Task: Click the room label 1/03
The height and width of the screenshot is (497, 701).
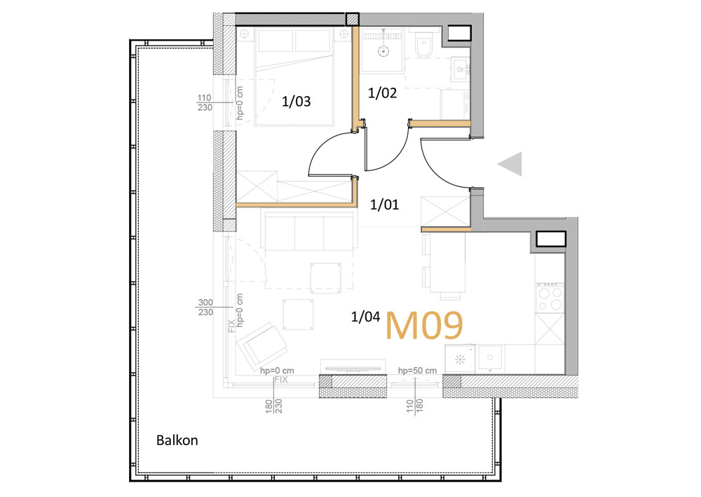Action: [296, 102]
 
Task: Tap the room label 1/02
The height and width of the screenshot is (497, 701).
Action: [382, 93]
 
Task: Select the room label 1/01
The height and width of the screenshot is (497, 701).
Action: [384, 204]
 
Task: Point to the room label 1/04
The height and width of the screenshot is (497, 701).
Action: [366, 317]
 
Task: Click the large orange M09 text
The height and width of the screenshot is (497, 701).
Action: [424, 326]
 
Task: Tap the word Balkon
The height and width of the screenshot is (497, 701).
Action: [177, 440]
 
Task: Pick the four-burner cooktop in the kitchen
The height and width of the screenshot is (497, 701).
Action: [550, 298]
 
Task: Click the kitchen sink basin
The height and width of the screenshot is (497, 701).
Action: [490, 358]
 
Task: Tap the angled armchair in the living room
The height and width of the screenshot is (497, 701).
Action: [262, 344]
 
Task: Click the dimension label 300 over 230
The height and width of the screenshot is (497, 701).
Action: [205, 307]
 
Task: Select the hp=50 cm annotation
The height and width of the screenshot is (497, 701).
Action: [417, 371]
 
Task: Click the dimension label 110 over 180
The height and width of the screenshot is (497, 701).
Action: [415, 406]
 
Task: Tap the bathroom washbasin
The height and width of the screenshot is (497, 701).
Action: [459, 69]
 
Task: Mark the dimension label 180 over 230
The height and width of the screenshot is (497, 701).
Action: [274, 406]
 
